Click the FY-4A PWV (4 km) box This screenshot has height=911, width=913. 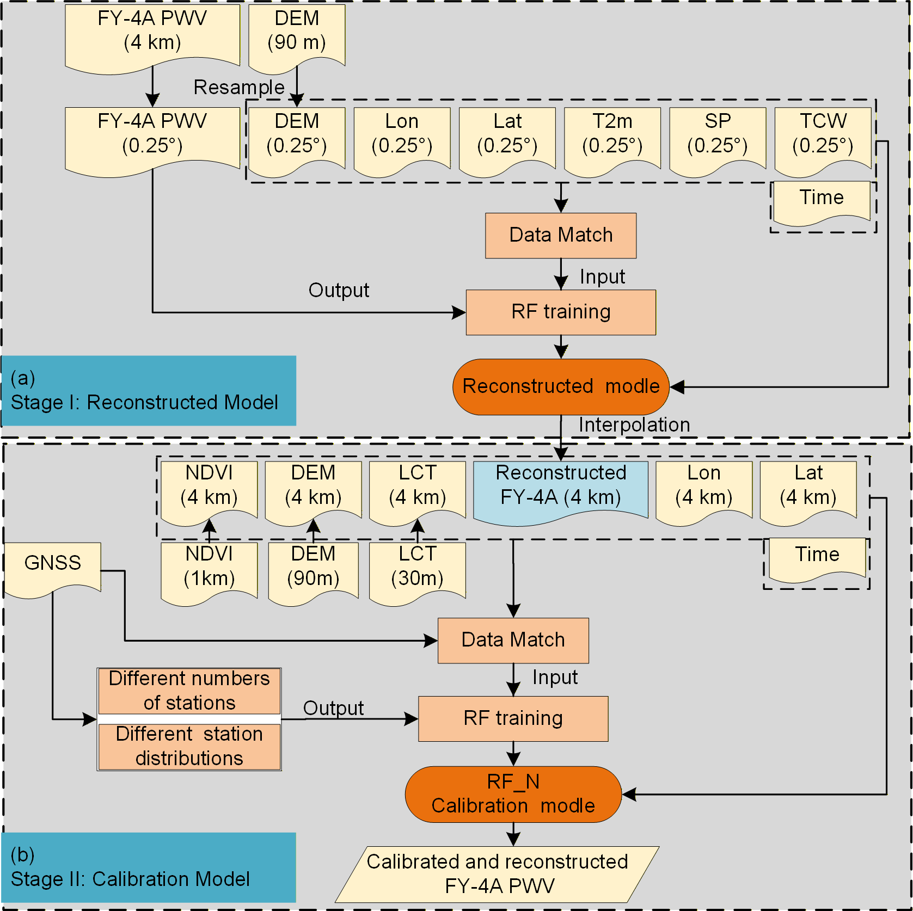(152, 38)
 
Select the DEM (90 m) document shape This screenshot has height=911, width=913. (297, 38)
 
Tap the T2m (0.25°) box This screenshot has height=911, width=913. (612, 141)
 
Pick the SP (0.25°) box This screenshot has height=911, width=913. (718, 141)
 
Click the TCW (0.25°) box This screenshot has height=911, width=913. (823, 141)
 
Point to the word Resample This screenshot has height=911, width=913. (239, 87)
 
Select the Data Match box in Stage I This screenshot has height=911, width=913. (561, 236)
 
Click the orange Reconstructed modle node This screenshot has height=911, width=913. (561, 387)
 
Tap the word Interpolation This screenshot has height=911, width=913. (634, 424)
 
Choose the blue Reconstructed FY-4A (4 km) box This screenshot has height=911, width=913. (561, 493)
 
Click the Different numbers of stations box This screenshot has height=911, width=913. (189, 691)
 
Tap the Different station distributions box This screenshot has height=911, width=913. (189, 747)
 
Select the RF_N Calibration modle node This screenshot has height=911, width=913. (513, 795)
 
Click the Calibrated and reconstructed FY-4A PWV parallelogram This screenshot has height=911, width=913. (498, 875)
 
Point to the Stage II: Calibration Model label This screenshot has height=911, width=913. (131, 879)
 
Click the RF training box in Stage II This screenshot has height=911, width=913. (513, 718)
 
